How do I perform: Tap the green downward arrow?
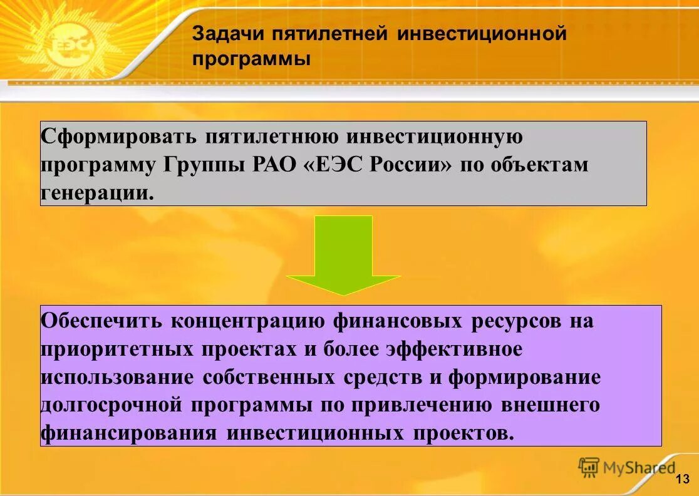pos(343,254)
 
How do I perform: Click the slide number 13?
pos(682,479)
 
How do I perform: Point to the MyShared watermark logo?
pos(628,467)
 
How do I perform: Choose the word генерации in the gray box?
pos(96,192)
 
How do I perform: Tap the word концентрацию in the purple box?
pos(248,321)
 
